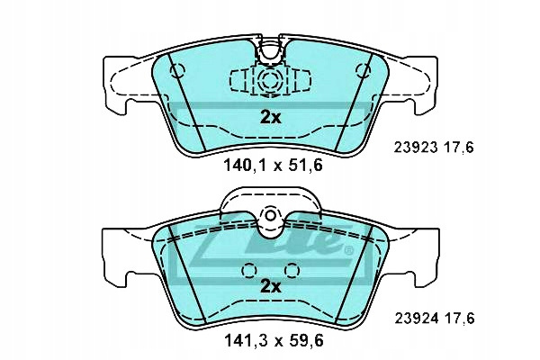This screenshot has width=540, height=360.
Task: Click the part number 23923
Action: [x=416, y=148]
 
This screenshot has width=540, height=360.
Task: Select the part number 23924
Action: [x=417, y=319]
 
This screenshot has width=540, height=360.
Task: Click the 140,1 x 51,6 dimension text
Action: [x=273, y=166]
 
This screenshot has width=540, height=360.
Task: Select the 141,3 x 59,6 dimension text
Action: [x=274, y=341]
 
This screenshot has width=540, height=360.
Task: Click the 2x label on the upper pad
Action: [x=270, y=118]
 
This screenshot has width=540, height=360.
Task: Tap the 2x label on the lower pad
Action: [x=270, y=286]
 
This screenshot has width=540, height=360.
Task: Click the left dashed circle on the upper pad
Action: [x=177, y=71]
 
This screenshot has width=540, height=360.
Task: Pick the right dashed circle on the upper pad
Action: [x=363, y=71]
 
